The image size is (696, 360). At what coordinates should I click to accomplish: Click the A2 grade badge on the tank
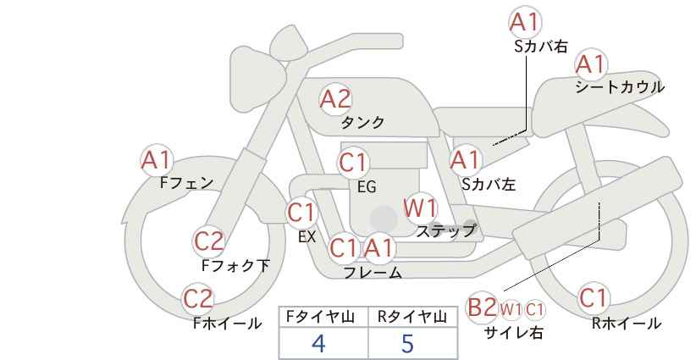(x=335, y=99)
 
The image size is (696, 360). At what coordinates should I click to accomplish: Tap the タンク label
(x=362, y=123)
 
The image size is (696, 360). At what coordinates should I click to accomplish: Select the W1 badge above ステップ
(x=420, y=208)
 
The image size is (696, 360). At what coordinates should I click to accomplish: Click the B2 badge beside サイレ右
(x=482, y=307)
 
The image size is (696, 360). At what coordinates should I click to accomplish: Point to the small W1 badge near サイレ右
(x=511, y=310)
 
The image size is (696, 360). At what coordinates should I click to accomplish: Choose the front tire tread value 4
(x=318, y=343)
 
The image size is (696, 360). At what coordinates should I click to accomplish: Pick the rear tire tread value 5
(x=407, y=343)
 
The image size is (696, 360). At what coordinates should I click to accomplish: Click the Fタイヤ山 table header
(x=320, y=317)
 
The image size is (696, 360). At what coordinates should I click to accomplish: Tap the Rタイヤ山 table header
(x=412, y=317)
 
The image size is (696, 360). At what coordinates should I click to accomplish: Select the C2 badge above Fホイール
(x=198, y=299)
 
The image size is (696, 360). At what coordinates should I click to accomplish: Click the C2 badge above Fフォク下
(x=209, y=241)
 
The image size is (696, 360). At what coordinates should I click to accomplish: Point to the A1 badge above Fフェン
(x=157, y=160)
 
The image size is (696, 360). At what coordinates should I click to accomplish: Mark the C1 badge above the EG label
(x=354, y=163)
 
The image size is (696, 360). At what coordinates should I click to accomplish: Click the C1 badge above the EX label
(x=301, y=213)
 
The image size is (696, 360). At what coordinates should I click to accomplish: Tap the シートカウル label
(x=620, y=87)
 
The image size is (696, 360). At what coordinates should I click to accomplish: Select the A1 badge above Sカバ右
(x=525, y=22)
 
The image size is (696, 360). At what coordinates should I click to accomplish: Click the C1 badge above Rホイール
(x=594, y=298)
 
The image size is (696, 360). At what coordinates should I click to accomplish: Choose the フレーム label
(x=373, y=273)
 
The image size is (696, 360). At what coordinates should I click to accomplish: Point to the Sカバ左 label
(x=489, y=184)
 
